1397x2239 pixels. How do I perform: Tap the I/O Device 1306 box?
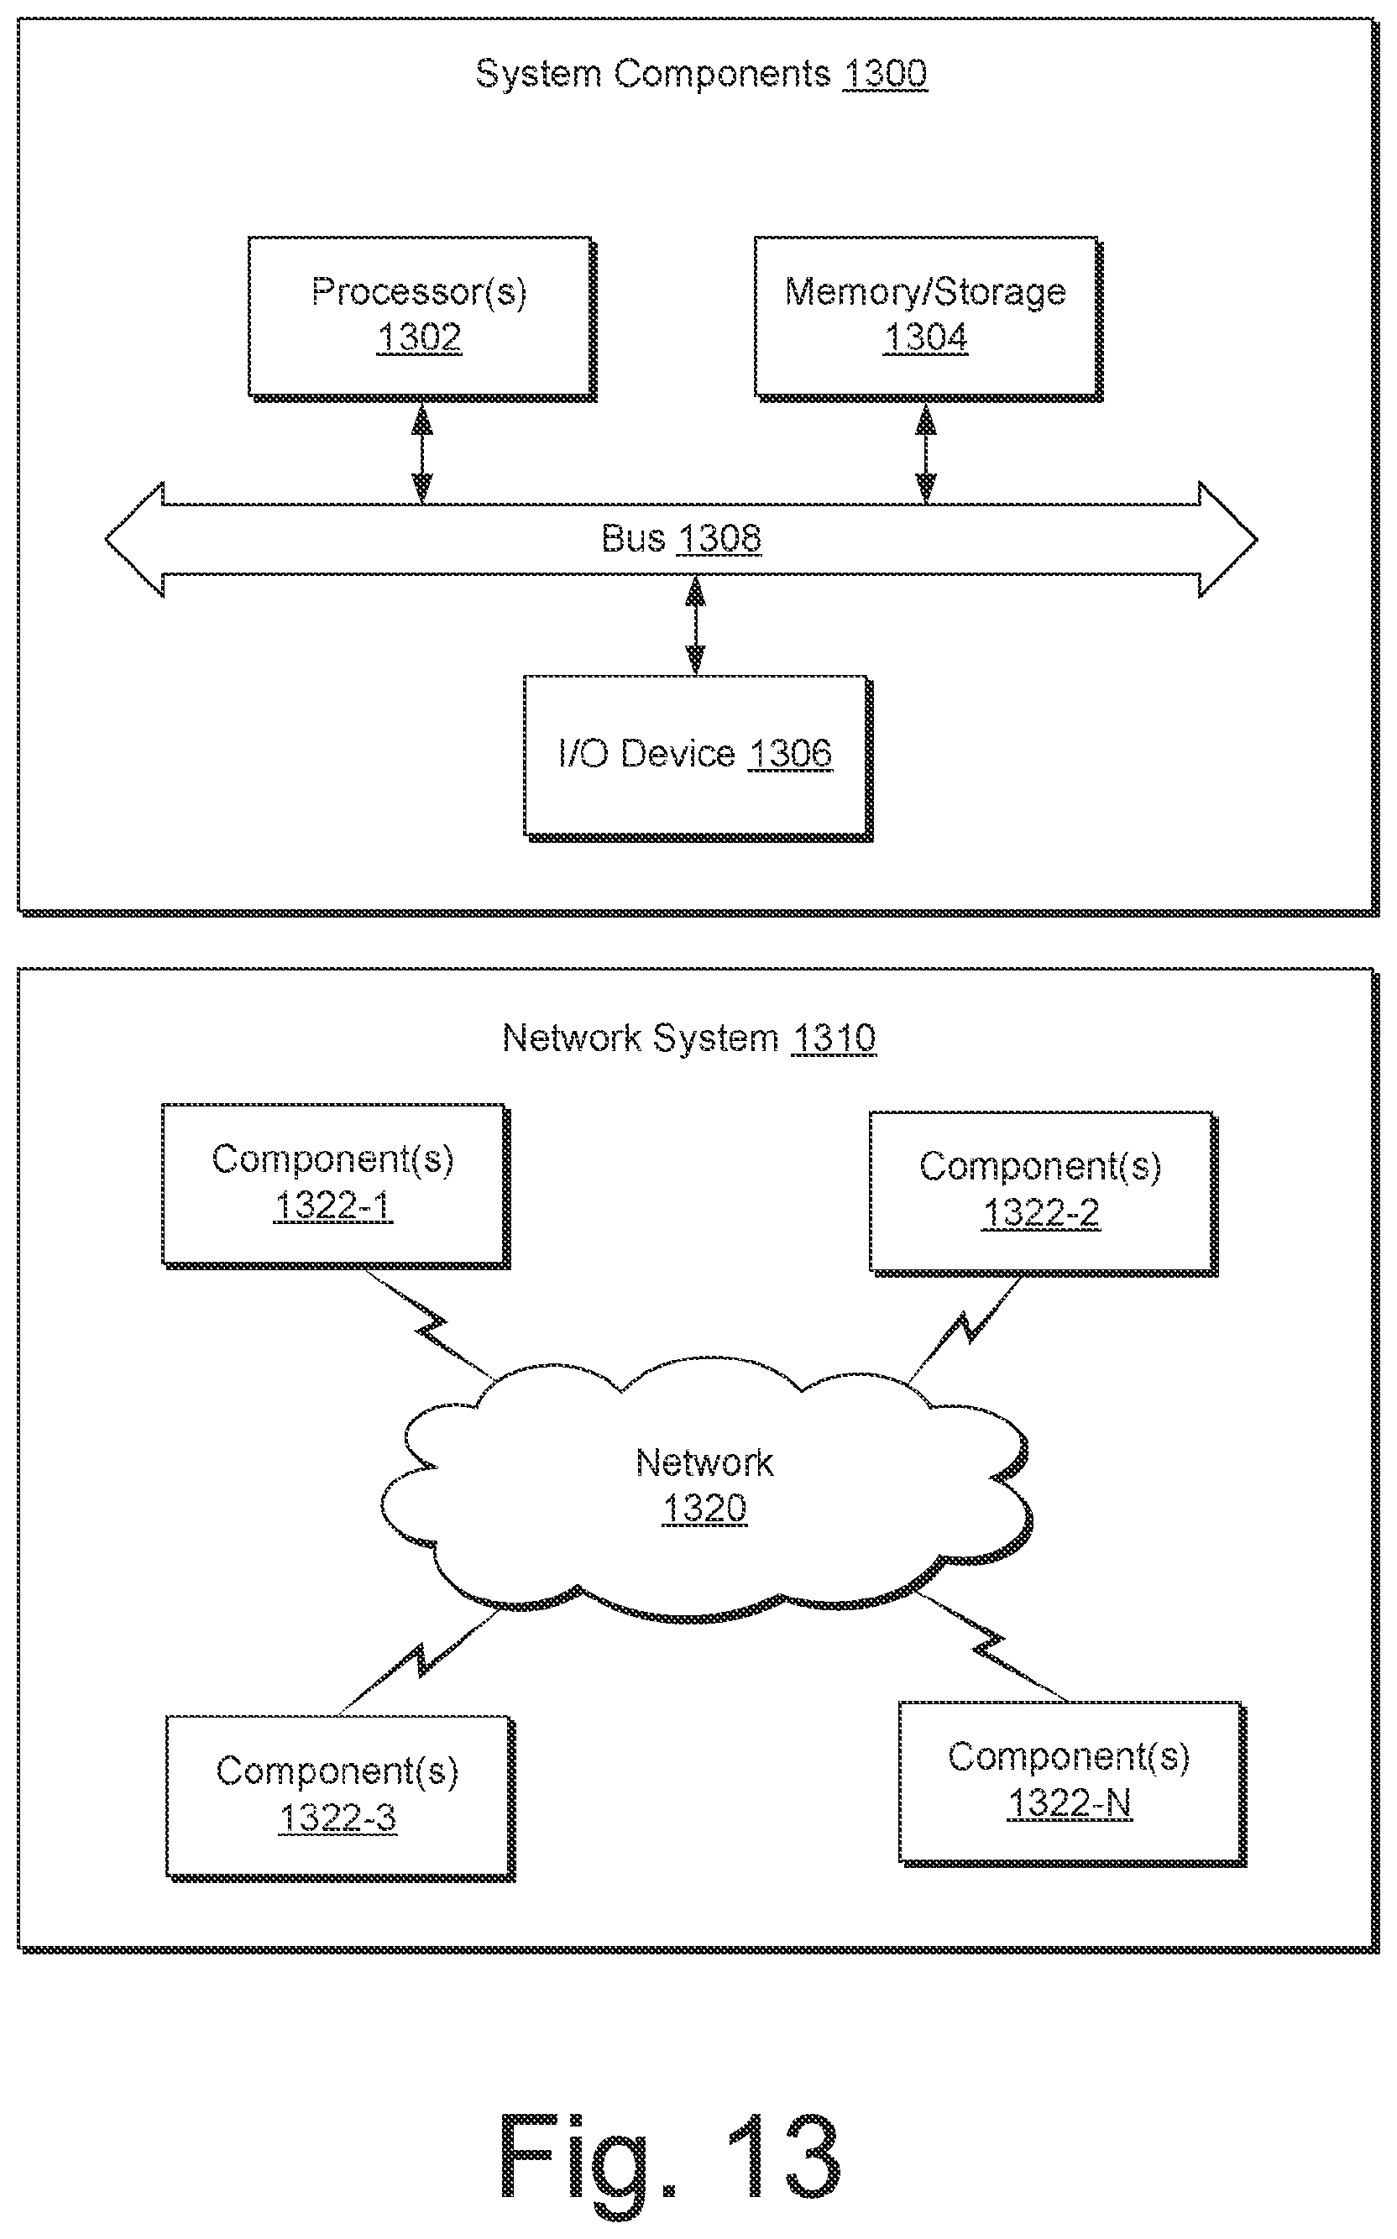pos(698,758)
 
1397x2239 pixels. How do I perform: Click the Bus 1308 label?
pos(681,538)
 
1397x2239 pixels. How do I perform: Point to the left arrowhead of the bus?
pos(135,540)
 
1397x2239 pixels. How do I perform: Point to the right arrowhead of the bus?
pos(1228,540)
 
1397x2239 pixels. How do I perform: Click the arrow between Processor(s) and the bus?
pos(422,453)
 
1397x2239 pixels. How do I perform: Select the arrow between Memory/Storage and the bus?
pos(926,453)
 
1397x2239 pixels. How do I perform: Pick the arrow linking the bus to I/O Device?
pos(695,625)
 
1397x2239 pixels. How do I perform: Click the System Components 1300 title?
pos(701,74)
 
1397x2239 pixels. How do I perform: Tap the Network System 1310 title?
pos(689,1038)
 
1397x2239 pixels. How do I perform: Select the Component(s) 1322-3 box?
pos(341,1798)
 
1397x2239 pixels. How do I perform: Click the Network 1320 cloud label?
pos(705,1485)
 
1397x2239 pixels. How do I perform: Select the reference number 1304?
pos(926,338)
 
